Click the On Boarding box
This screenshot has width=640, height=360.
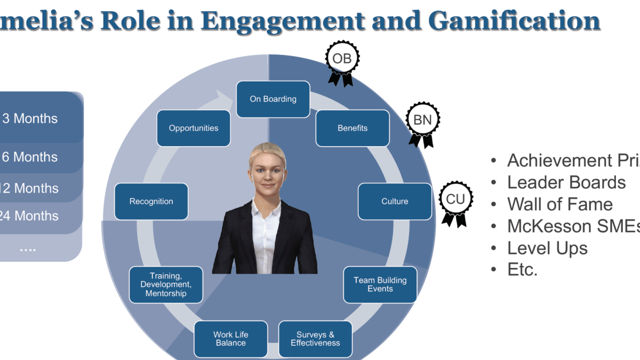[x=273, y=99]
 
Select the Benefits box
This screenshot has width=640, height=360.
[x=352, y=128]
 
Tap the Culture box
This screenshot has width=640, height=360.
[x=395, y=202]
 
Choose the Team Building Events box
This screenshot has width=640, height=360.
[x=380, y=285]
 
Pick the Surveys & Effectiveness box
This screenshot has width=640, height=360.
[x=315, y=339]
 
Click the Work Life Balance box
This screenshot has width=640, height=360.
[x=230, y=339]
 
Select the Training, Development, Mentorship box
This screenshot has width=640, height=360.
[x=166, y=285]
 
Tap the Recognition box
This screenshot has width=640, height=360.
[x=151, y=202]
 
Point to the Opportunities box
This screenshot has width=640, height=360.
[x=194, y=128]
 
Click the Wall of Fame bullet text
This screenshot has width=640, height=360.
[x=559, y=204]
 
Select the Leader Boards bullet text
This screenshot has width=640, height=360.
[x=566, y=182]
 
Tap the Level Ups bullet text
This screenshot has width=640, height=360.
[x=547, y=248]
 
